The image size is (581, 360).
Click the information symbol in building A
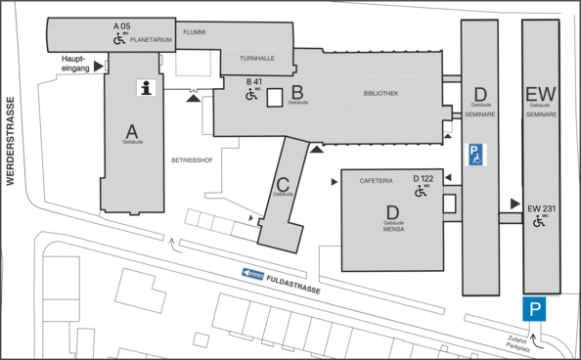click(147, 88)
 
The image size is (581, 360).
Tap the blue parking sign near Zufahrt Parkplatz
click(534, 310)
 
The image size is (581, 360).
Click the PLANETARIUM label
click(151, 40)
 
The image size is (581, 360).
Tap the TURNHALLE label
click(257, 59)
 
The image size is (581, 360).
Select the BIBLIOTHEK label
click(380, 94)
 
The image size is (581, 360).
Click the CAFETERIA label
click(376, 180)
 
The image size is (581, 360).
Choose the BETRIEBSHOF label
click(192, 158)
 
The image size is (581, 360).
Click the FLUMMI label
click(194, 31)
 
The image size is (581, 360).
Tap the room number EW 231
click(542, 208)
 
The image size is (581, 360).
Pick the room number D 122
click(423, 178)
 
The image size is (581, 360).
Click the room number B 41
click(254, 81)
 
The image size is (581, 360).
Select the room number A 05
click(121, 24)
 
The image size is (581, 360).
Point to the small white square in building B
click(275, 97)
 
